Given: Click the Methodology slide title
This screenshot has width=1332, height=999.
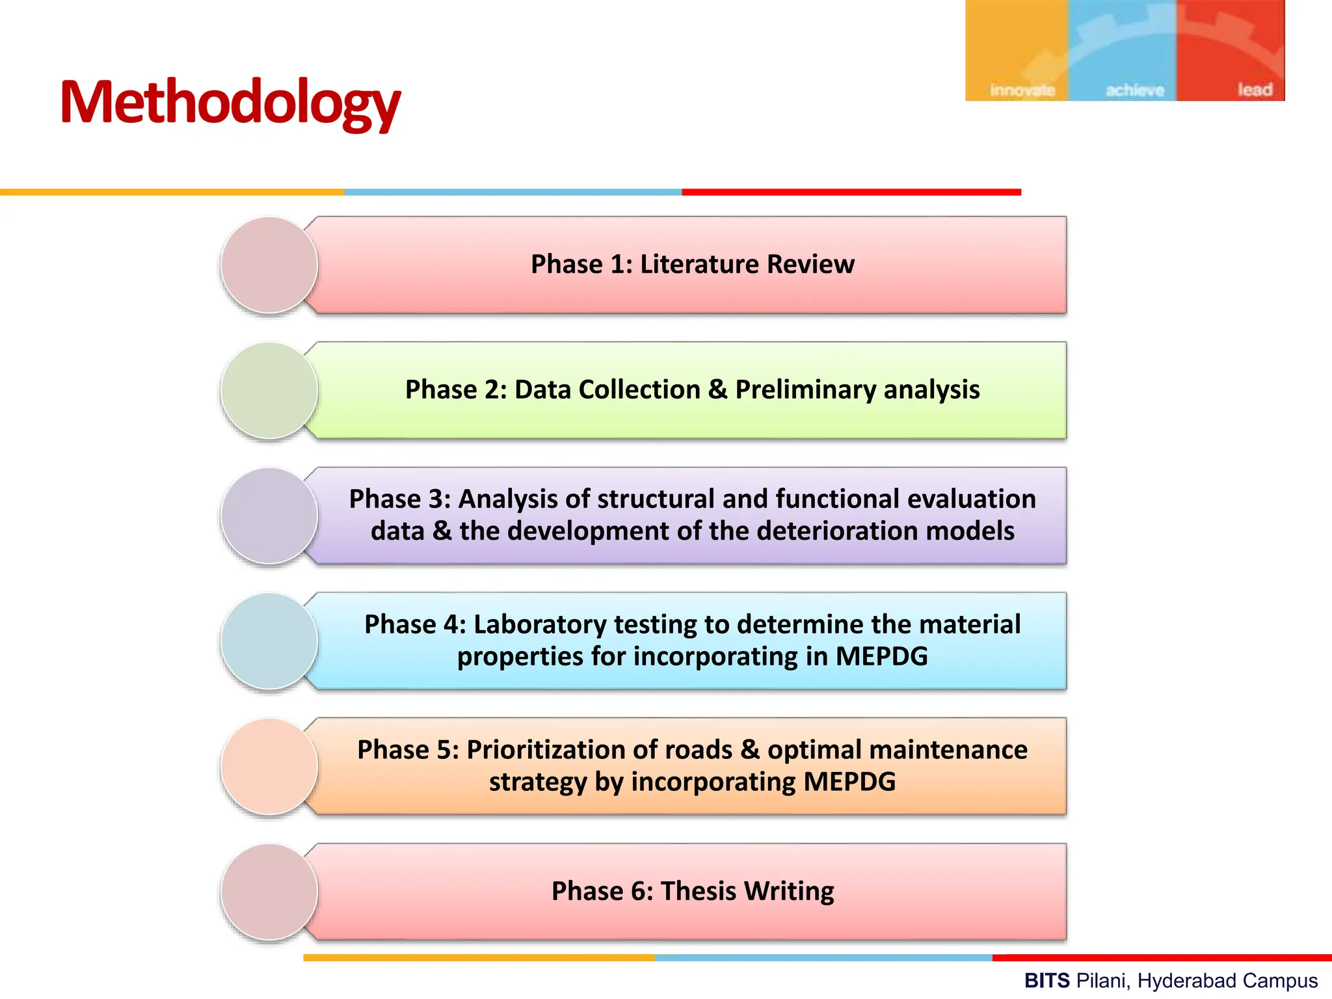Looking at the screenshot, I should coord(230,103).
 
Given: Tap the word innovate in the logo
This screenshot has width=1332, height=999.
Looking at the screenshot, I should coord(1022,90).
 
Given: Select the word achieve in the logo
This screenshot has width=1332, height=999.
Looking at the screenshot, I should coord(1135,90).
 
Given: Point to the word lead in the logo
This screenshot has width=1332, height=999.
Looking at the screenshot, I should coord(1255,89).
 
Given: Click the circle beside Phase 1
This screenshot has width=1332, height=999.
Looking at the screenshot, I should coord(269,265).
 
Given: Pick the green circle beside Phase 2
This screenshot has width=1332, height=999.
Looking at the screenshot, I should coord(269,390).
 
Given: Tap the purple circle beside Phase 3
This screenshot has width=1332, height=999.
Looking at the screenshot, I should coord(269,515).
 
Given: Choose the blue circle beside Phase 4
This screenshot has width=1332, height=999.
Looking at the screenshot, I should coord(269,641).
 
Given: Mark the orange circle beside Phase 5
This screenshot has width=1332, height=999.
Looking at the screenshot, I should coord(269,766).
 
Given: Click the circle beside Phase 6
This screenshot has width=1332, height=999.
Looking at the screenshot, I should coord(269,892).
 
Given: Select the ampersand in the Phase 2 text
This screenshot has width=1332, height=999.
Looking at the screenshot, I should coord(717,390).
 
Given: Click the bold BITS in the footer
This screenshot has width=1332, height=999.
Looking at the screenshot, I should coord(1046,980).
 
